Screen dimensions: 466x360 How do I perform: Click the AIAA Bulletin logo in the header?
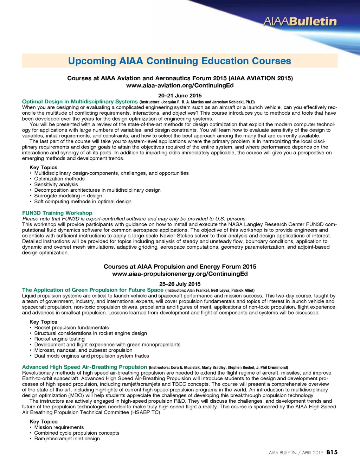pyautogui.click(x=300, y=22)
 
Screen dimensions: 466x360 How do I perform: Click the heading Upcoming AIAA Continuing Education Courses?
pyautogui.click(x=180, y=61)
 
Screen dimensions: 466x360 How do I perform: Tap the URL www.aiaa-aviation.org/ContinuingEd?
pyautogui.click(x=180, y=85)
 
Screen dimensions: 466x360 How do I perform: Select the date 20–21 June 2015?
pyautogui.click(x=180, y=95)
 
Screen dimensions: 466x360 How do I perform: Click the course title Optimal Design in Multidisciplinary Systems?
pyautogui.click(x=80, y=102)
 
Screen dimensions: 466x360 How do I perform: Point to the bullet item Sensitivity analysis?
pyautogui.click(x=56, y=184)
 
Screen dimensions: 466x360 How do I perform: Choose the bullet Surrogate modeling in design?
pyautogui.click(x=68, y=196)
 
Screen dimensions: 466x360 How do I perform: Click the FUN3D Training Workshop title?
pyautogui.click(x=57, y=213)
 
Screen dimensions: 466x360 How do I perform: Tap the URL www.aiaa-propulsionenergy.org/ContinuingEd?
pyautogui.click(x=180, y=274)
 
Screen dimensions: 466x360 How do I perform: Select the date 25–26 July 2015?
pyautogui.click(x=180, y=284)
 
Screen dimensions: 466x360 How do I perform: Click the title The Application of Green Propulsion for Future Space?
pyautogui.click(x=93, y=290)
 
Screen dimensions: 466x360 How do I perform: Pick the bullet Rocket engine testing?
pyautogui.click(x=59, y=339)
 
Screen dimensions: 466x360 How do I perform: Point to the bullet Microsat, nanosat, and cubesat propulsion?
pyautogui.click(x=83, y=350)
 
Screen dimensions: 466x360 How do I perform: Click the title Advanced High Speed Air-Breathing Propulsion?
pyautogui.click(x=84, y=367)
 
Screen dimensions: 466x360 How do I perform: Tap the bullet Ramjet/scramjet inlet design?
pyautogui.click(x=67, y=439)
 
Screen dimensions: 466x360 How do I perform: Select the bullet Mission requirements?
pyautogui.click(x=59, y=427)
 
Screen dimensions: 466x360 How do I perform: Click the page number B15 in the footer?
pyautogui.click(x=332, y=452)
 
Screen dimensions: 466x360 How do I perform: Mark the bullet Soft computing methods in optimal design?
pyautogui.click(x=83, y=202)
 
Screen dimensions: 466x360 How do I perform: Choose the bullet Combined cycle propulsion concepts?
pyautogui.click(x=77, y=433)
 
